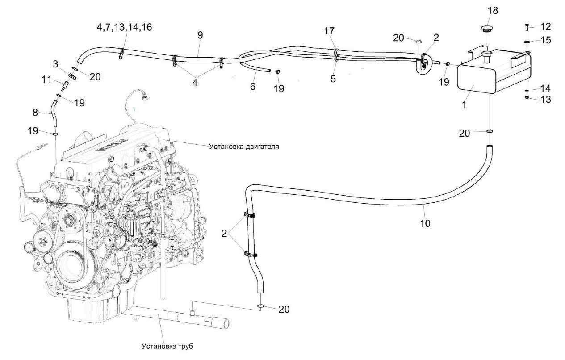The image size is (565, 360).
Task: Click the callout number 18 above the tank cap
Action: point(492,10)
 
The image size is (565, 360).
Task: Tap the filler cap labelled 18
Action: point(486,29)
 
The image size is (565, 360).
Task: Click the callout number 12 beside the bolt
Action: point(545,26)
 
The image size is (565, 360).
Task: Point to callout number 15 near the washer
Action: point(546,40)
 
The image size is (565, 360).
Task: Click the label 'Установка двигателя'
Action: point(243,147)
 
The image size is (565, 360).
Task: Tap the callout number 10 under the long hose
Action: point(425,223)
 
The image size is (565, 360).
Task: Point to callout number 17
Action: point(329,32)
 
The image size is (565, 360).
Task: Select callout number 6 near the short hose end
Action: point(253,86)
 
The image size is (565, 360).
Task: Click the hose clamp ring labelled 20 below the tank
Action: point(490,132)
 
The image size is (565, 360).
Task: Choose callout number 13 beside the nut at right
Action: point(546,100)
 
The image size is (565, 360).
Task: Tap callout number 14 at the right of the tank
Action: point(546,88)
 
